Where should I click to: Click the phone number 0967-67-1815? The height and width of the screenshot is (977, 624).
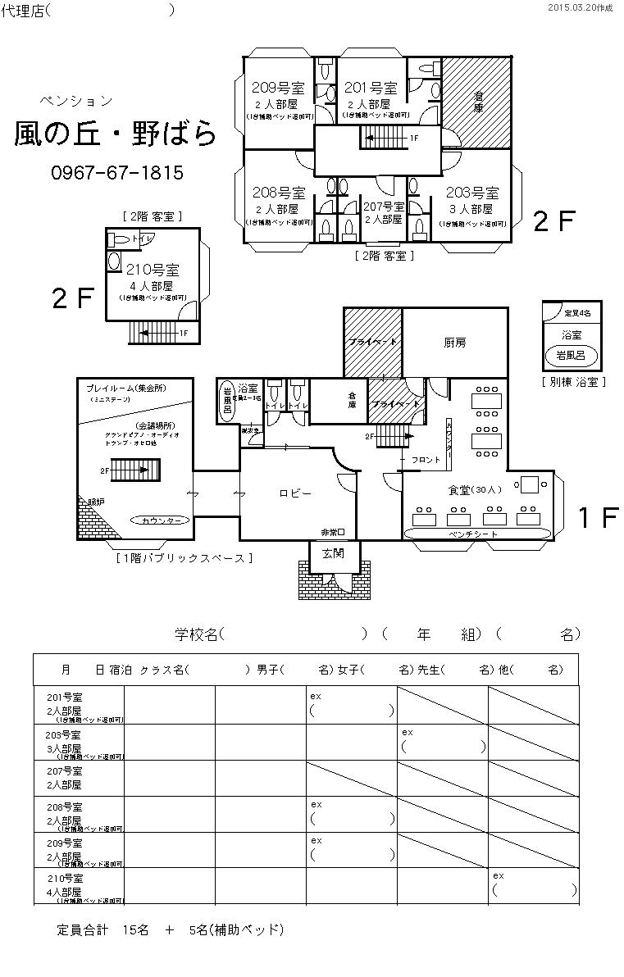(x=117, y=173)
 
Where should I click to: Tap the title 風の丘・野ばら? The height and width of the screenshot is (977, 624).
(x=116, y=134)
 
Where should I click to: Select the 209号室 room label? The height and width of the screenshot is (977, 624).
(x=278, y=88)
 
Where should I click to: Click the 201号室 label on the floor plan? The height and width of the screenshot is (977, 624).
(x=371, y=88)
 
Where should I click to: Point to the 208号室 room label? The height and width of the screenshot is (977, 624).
(x=279, y=193)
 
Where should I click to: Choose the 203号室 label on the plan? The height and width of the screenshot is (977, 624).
(x=472, y=193)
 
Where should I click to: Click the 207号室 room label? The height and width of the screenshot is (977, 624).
(x=384, y=207)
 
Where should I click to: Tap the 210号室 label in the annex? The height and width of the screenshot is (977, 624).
(x=153, y=270)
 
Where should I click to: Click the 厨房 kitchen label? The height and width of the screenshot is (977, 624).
(x=456, y=343)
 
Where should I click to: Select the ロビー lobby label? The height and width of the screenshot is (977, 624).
(x=295, y=493)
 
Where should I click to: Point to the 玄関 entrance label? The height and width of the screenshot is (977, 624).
(x=334, y=555)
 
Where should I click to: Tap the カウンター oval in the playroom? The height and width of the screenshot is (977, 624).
(x=161, y=520)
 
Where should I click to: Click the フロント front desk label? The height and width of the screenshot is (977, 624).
(x=426, y=460)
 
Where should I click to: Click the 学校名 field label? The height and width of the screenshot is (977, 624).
(x=197, y=634)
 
